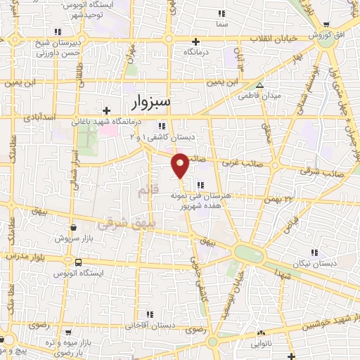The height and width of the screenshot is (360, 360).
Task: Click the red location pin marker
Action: click(180, 165)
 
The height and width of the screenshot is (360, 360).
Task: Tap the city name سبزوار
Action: click(150, 103)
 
